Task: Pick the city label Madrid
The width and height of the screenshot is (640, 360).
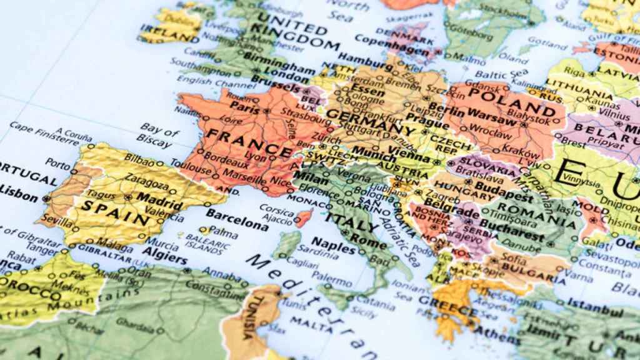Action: [151, 197]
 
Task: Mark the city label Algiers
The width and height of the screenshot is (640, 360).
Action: [165, 259]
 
